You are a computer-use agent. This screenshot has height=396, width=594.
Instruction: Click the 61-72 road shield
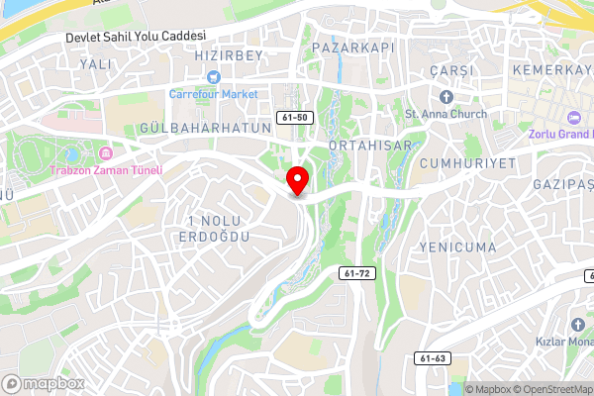tap(358, 272)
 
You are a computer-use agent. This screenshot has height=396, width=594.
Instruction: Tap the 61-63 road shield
tap(432, 358)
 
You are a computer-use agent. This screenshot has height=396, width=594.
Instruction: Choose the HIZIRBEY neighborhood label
tap(230, 56)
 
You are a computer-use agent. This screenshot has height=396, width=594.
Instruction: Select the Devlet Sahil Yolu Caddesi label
tap(135, 36)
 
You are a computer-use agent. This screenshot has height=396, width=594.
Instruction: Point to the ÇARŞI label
tap(453, 71)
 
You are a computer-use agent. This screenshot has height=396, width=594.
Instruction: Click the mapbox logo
tap(44, 383)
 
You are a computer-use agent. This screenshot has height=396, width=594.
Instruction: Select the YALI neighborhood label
tap(96, 63)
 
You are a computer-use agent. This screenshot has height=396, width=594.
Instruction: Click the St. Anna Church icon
tap(445, 97)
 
